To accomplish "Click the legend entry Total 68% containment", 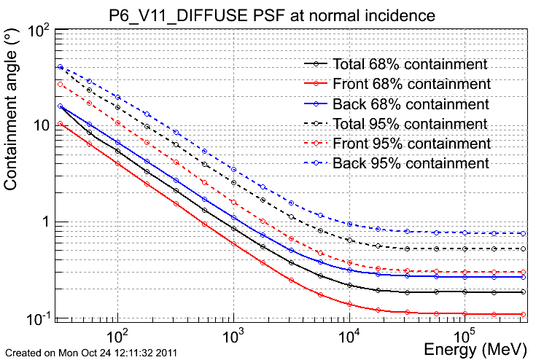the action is [x=396, y=64].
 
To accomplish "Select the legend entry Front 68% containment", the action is [x=397, y=84].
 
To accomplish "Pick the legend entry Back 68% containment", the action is [x=397, y=104].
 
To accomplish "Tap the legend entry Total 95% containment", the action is [x=396, y=124].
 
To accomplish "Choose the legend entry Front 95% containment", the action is [x=397, y=144].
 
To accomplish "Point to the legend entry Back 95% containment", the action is [x=397, y=163].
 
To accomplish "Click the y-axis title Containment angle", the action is [x=10, y=109].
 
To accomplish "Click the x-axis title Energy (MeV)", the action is [x=475, y=349].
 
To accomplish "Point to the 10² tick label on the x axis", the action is [x=117, y=334].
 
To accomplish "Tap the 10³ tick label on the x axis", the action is [x=233, y=334].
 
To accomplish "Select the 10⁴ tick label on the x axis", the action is [x=349, y=334].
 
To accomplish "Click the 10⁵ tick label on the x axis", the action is [x=465, y=334].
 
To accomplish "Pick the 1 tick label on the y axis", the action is [x=46, y=222].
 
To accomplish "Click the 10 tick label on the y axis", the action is [x=42, y=125].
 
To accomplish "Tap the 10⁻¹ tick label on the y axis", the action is [x=39, y=318].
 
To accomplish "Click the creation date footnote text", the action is [x=91, y=353].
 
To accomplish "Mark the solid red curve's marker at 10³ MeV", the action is [x=233, y=244].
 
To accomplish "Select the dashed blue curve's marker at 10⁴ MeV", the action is [x=350, y=224].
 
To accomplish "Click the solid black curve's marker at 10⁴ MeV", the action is [x=350, y=285].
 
